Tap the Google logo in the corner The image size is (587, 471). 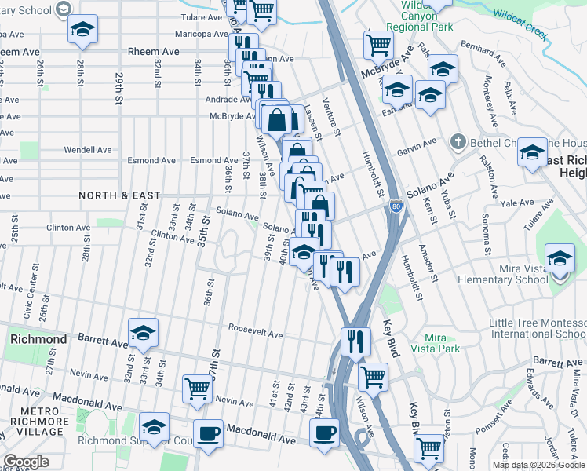pos(26,462)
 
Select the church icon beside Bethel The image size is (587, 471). pos(458,142)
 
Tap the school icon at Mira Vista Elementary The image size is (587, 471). pos(559,257)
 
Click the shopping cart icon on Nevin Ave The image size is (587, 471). pos(198,387)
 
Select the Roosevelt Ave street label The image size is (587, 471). pos(255,333)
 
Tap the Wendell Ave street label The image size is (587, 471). pos(88,149)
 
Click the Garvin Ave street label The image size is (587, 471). pos(416,147)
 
